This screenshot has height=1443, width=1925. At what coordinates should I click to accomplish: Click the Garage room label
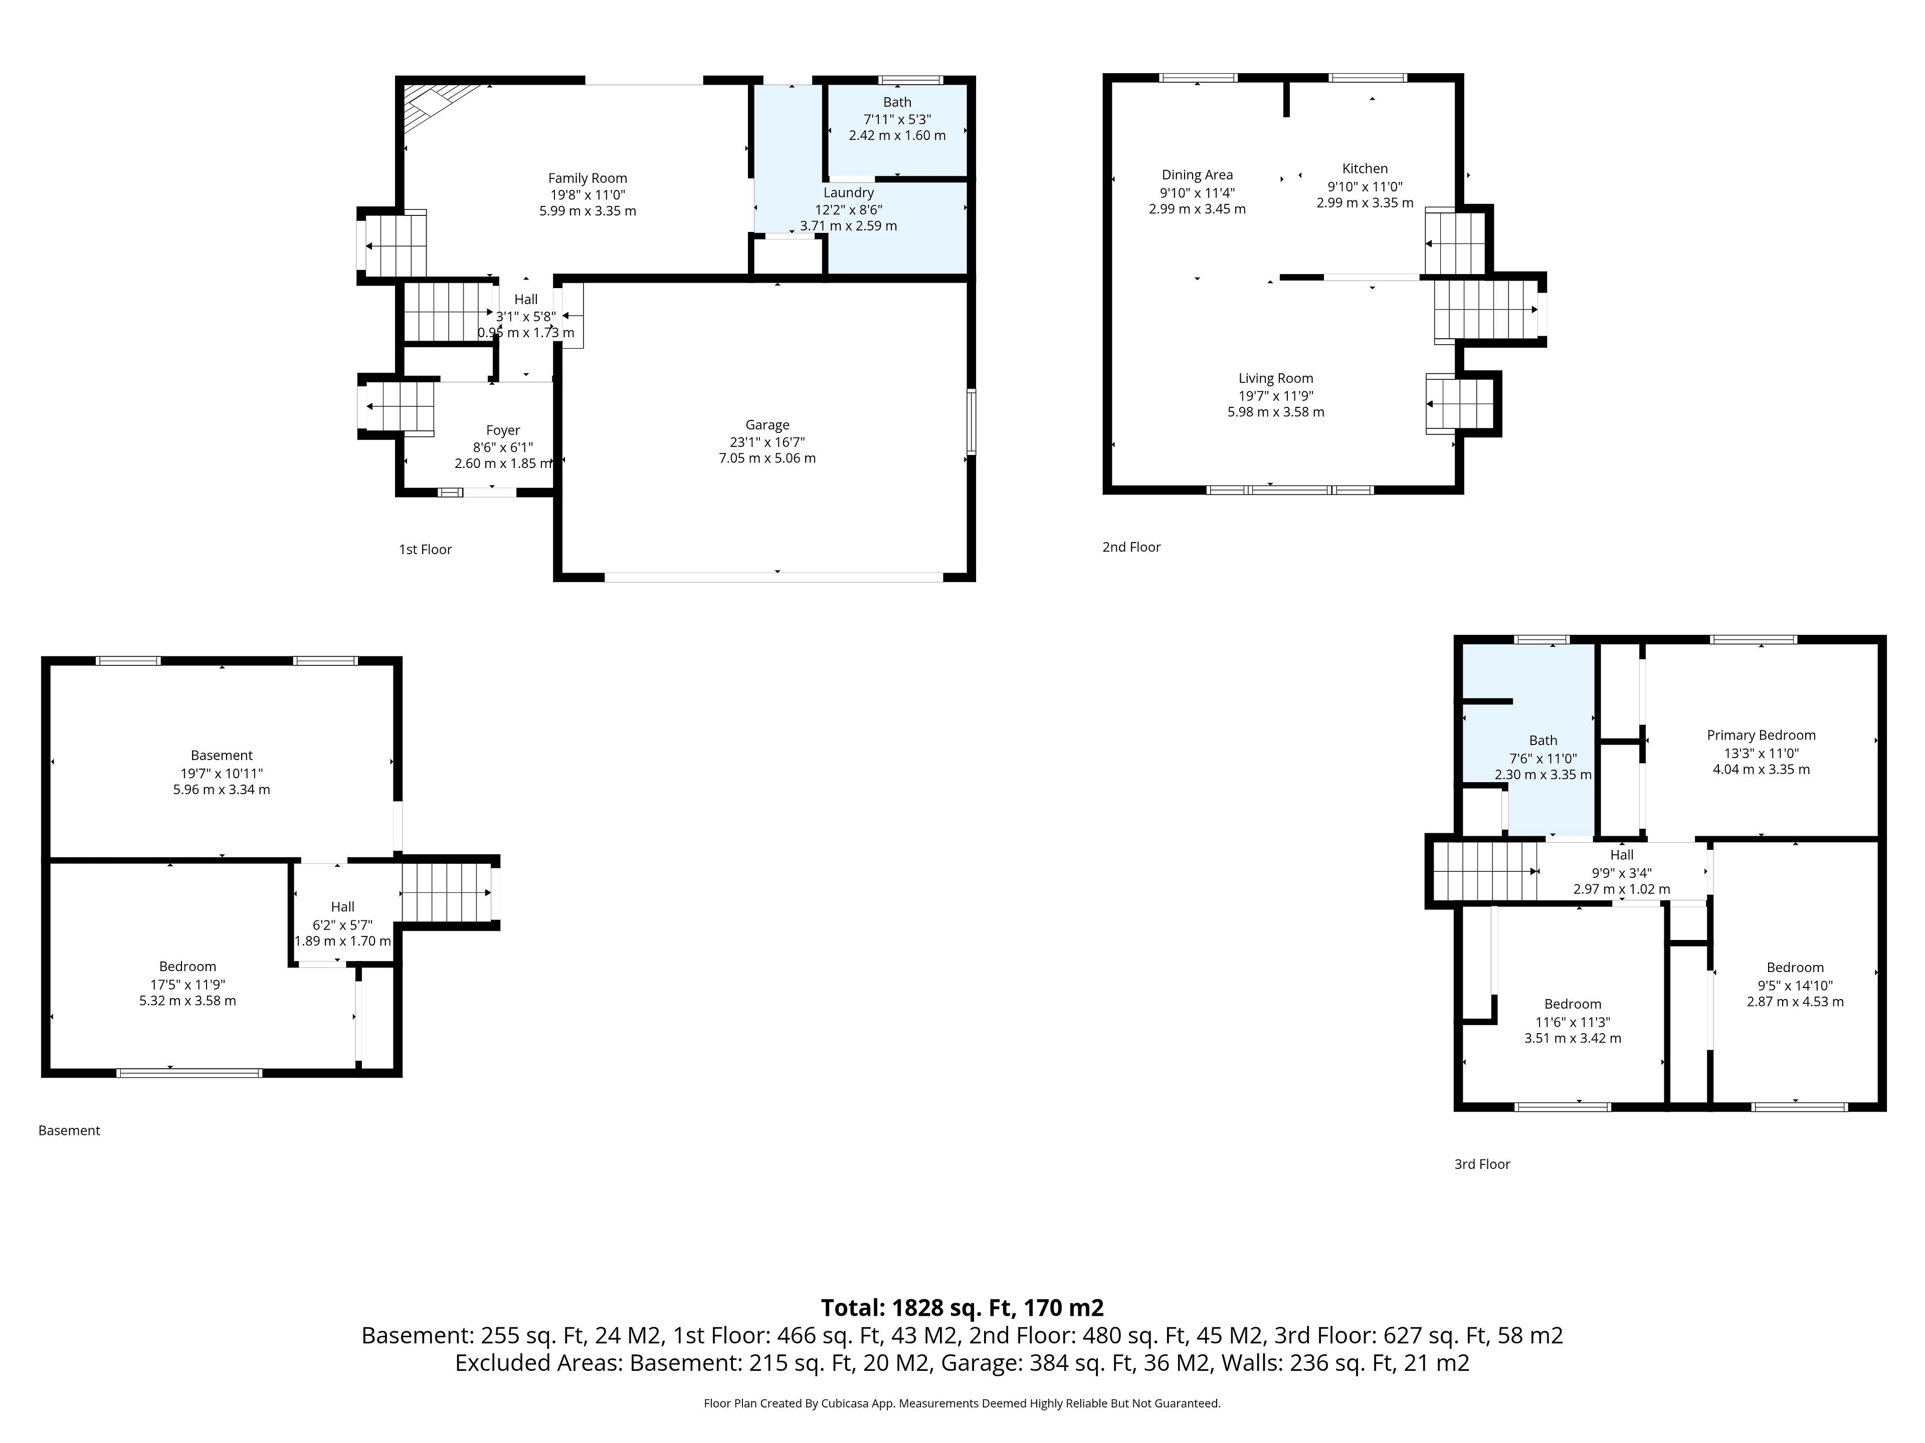click(x=766, y=424)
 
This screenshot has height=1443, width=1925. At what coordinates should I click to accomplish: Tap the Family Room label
click(x=588, y=178)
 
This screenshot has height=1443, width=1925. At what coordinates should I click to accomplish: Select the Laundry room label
click(x=849, y=193)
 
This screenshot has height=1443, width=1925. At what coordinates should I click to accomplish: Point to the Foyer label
click(x=503, y=430)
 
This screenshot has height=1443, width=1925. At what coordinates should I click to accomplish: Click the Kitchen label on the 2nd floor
click(x=1365, y=169)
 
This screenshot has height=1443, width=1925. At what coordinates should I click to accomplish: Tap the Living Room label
click(x=1276, y=378)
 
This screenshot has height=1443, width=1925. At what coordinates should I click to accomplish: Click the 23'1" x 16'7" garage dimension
click(x=766, y=442)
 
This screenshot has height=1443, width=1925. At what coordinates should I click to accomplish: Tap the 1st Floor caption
click(x=426, y=550)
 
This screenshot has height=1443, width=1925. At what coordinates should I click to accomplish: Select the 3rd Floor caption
click(x=1482, y=1164)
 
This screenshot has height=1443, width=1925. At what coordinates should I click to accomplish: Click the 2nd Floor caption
click(x=1131, y=547)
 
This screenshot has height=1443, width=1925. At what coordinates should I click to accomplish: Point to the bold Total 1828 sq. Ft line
click(x=963, y=1307)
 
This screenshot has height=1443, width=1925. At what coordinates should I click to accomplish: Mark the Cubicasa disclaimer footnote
click(x=963, y=1403)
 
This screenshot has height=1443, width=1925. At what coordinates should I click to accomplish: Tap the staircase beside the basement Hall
click(x=446, y=892)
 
